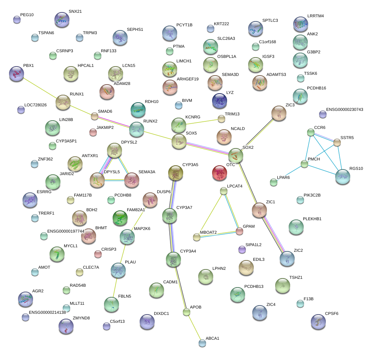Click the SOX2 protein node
coord(235,155)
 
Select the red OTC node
coord(220,173)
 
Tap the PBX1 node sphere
coord(16,73)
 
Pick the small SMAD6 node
coord(94,116)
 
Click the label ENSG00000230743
coord(345,109)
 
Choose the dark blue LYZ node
coord(220,101)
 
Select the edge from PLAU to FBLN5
coord(115,287)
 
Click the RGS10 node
coord(342,177)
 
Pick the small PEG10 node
coord(17,20)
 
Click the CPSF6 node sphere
coord(318,321)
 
